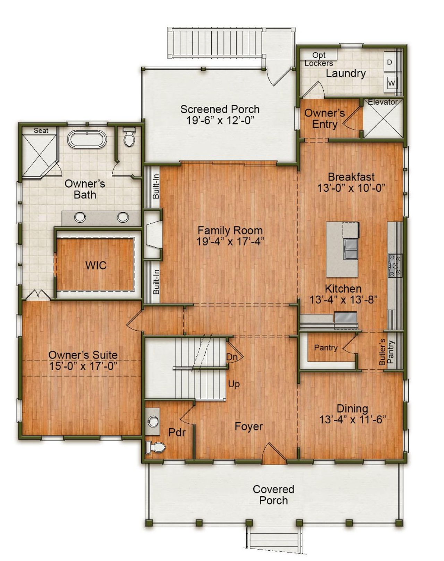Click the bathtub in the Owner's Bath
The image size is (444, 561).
(87, 139)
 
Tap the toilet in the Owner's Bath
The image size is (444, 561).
(129, 137)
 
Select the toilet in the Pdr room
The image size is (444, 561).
(155, 447)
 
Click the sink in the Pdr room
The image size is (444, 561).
(152, 422)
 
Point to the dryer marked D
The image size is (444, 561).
(390, 62)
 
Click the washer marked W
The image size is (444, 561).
(391, 83)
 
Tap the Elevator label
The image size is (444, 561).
(382, 102)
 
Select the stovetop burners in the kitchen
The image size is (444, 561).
(395, 266)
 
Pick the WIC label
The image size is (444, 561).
(96, 266)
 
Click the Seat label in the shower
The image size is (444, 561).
(41, 131)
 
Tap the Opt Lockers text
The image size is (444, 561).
(319, 59)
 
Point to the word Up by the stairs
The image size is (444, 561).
(234, 384)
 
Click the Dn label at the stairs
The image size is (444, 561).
(232, 357)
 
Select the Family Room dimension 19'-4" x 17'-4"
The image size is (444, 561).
(230, 242)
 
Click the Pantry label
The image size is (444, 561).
(325, 347)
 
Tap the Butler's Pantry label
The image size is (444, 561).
(386, 352)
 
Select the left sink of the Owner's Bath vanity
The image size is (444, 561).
(80, 217)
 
